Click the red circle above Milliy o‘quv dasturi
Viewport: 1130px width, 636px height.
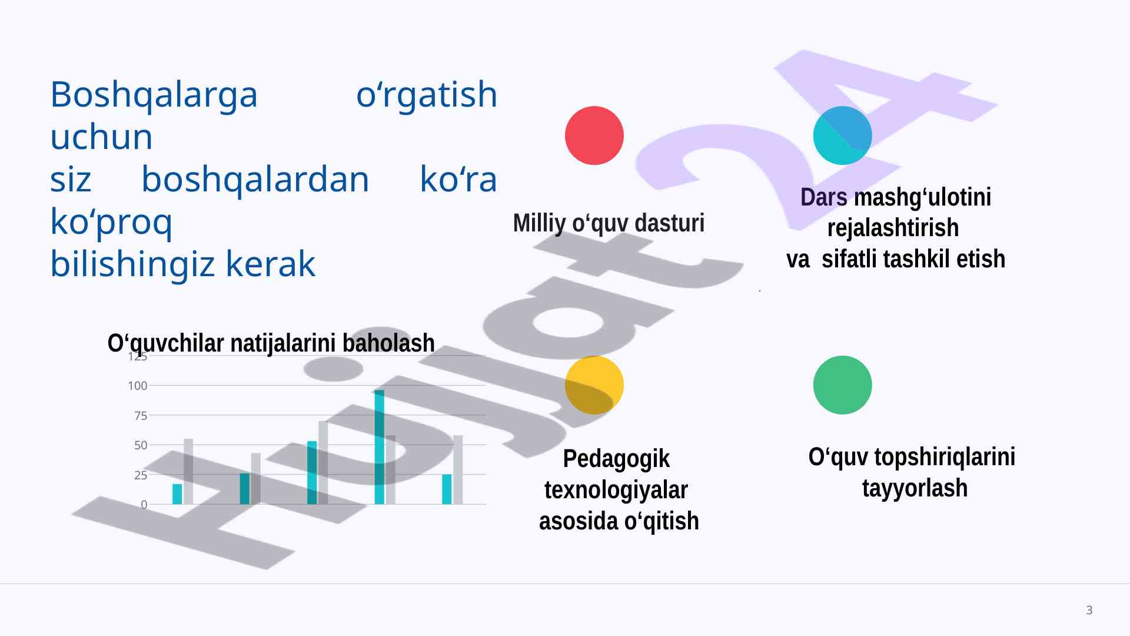click(x=594, y=135)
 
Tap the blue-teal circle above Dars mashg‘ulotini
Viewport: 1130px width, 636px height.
click(x=842, y=135)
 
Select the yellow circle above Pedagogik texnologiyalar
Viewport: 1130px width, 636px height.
click(x=594, y=385)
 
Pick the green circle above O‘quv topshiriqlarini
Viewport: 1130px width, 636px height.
click(x=842, y=385)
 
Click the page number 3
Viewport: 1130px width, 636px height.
click(x=1089, y=610)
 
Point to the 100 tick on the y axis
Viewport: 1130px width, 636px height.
click(x=138, y=386)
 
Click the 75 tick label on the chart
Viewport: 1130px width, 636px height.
click(x=141, y=416)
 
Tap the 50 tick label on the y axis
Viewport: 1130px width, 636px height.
click(x=141, y=446)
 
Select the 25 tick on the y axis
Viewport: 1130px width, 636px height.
click(x=141, y=475)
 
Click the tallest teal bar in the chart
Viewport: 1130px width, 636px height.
click(x=380, y=447)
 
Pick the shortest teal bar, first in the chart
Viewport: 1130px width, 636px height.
click(x=177, y=494)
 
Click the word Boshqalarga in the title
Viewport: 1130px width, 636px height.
click(x=154, y=94)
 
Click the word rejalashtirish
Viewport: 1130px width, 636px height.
click(x=893, y=227)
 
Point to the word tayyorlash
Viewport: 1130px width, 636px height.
click(x=915, y=488)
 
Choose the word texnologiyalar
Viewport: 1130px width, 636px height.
click(x=616, y=490)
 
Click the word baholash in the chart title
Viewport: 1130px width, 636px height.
click(x=388, y=343)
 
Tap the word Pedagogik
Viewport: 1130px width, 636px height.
click(x=616, y=459)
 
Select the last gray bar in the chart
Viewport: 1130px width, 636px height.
click(x=458, y=470)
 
